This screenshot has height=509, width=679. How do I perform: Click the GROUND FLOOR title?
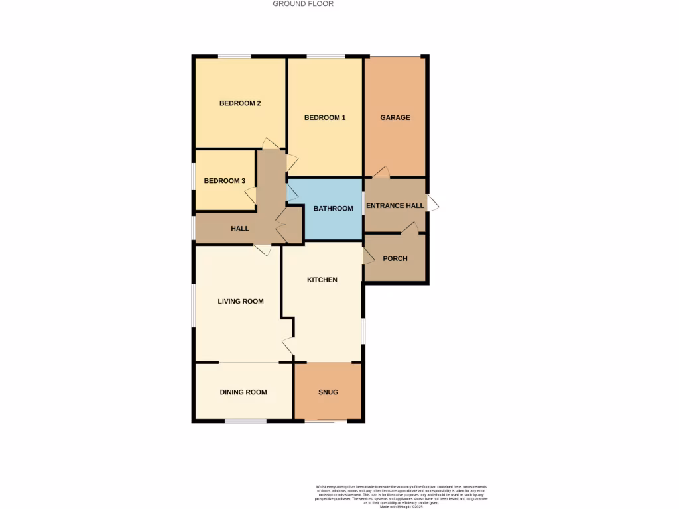pos(303,4)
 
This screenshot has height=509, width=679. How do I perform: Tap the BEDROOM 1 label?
pos(325,118)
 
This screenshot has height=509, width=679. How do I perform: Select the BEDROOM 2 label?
pos(240,103)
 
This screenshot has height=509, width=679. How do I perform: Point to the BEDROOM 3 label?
pos(225,181)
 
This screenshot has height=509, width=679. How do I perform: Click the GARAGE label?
pos(395,118)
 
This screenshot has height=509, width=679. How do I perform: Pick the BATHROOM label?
pos(334,209)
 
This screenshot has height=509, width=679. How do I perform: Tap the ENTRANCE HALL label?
pos(395,206)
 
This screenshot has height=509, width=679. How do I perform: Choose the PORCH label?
pos(395,258)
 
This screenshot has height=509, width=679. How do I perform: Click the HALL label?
pos(240,229)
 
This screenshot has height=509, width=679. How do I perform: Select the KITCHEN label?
pos(322,280)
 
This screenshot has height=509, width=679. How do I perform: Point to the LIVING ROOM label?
pos(241,302)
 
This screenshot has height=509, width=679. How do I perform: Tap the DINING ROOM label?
pos(243,392)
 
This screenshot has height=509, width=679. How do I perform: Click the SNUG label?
pos(328,392)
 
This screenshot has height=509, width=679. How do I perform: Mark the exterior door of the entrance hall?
pos(432,203)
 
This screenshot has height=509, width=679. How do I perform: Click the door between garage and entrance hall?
pos(381,172)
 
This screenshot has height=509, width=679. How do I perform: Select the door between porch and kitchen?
pos(369,256)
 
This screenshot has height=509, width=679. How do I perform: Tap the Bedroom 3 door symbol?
pos(251,196)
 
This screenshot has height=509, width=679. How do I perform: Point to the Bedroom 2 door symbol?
pos(271,144)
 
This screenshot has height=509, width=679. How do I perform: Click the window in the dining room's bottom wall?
pos(245,420)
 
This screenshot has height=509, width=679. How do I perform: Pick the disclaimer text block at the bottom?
pos(401,496)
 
